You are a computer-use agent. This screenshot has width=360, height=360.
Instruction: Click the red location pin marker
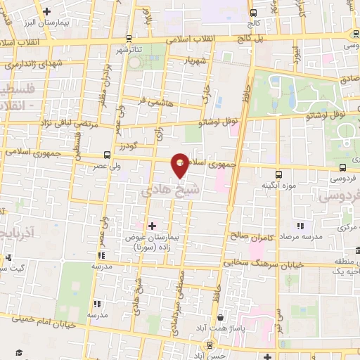180,165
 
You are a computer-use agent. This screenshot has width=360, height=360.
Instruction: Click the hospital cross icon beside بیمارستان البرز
46,11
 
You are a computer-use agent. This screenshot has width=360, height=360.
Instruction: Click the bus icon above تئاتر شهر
128,39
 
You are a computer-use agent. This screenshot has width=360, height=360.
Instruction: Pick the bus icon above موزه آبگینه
278,174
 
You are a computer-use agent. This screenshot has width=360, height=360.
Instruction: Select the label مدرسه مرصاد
302,236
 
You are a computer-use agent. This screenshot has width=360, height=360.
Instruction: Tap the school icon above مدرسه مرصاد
300,225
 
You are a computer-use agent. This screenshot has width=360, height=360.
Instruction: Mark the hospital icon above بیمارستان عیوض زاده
152,225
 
